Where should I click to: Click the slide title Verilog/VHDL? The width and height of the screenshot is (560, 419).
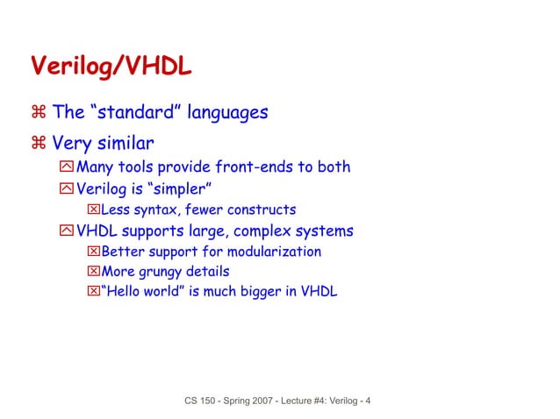click(x=111, y=67)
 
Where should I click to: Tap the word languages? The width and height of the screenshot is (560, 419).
click(x=225, y=112)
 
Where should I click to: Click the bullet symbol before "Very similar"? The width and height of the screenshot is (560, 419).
click(x=39, y=142)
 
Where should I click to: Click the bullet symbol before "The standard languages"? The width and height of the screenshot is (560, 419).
click(x=39, y=112)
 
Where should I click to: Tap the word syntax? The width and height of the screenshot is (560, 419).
click(x=154, y=209)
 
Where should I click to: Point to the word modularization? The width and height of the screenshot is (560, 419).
click(x=274, y=252)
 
